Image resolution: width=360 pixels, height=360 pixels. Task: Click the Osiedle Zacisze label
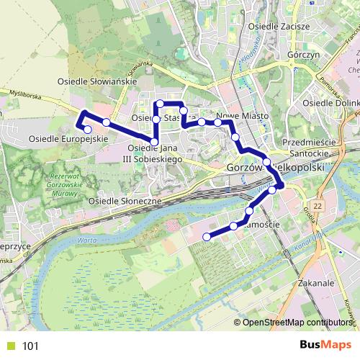click(x=278, y=27)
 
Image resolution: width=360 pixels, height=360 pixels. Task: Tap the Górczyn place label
click(x=303, y=55)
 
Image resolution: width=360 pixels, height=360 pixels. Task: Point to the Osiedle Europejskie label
click(x=68, y=138)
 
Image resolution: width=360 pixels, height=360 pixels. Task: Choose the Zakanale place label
click(x=315, y=284)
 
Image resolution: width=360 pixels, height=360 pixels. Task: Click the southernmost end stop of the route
click(x=207, y=236)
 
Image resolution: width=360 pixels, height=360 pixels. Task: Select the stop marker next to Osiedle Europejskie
click(x=88, y=130)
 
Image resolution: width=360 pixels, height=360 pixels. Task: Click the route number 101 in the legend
click(x=30, y=346)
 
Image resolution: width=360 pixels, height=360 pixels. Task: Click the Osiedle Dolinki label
click(x=331, y=104)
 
